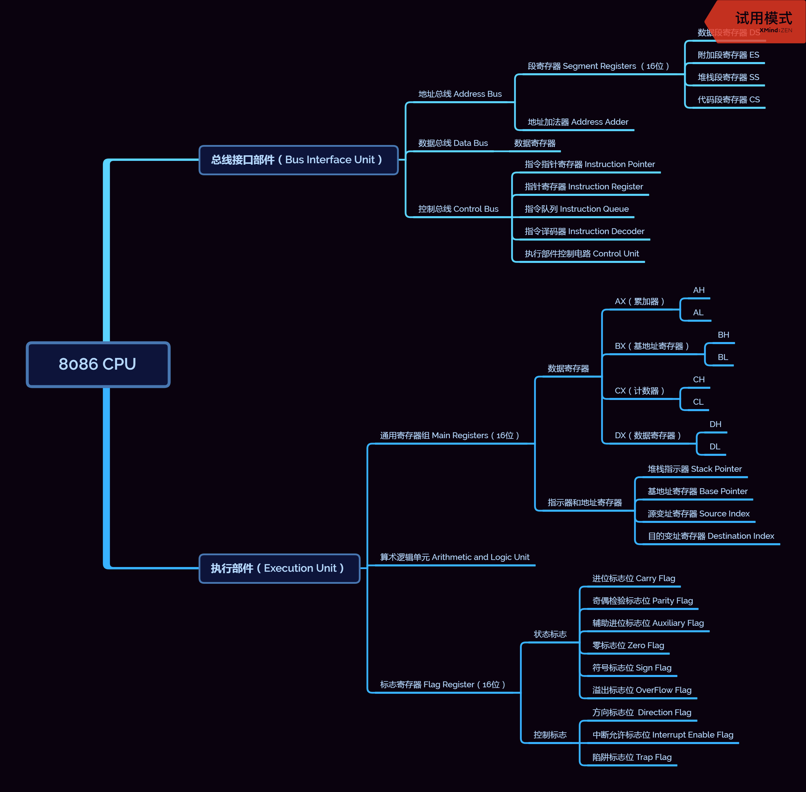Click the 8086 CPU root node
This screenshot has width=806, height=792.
pos(98,364)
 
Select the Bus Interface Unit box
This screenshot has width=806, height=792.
pos(298,160)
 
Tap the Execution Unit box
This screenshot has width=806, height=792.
pos(279,568)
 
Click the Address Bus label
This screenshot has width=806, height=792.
pos(460,94)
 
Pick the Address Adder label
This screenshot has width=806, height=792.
pos(578,122)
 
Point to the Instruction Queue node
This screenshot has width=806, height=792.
pos(576,209)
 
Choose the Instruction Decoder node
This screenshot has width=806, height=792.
pos(584,231)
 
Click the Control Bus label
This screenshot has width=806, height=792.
pos(458,209)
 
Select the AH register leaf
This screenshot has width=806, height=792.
pos(698,290)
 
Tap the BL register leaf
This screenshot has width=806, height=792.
pos(722,357)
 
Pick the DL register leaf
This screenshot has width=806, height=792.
pos(715,447)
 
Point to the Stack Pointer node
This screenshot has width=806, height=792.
pos(694,469)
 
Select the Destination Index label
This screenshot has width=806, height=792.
pos(710,536)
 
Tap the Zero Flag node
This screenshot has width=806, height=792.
pos(628,646)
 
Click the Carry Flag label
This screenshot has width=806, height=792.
pos(633,578)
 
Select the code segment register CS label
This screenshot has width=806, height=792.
pos(728,100)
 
